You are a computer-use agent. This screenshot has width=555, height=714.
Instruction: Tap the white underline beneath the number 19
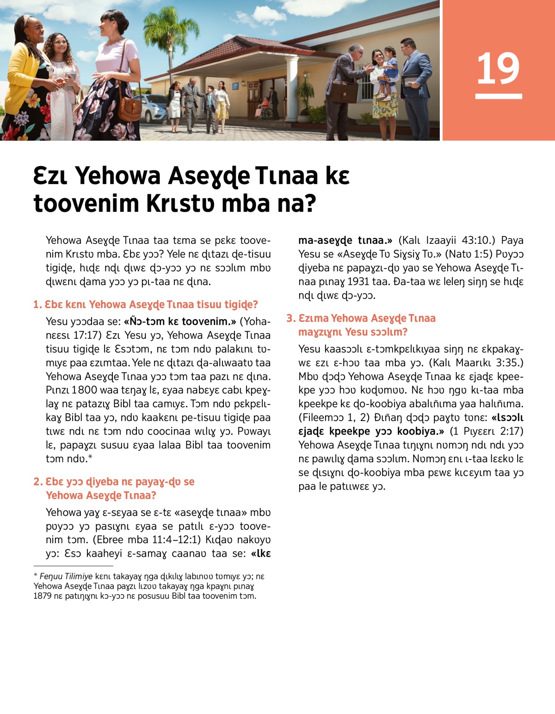tap(498, 96)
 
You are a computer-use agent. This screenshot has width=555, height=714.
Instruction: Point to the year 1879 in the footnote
tap(43, 596)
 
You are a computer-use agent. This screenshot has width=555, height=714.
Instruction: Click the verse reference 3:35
tap(510, 362)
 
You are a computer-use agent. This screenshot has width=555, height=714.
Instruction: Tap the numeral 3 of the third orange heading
tap(290, 318)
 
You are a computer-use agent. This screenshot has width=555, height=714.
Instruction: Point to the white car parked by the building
tap(153, 107)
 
